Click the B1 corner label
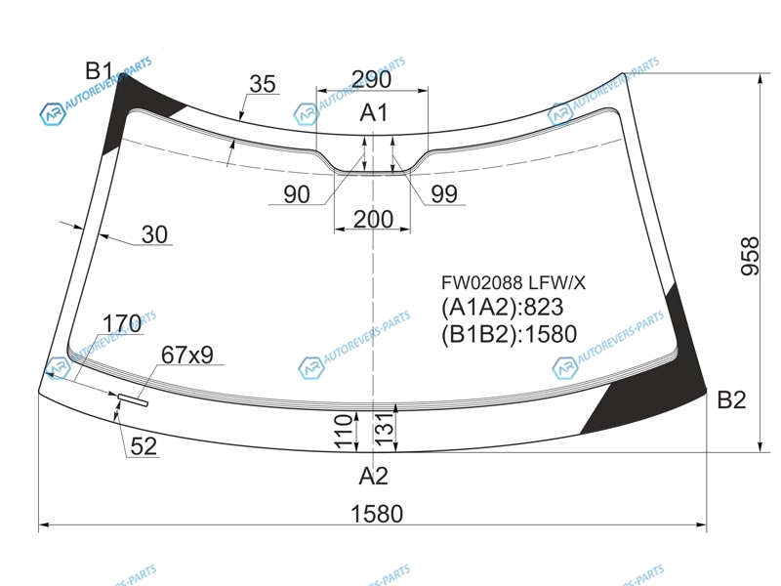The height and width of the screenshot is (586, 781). pos(100,70)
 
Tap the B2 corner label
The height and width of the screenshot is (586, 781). pos(731,399)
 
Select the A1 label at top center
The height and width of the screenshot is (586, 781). pos(374,112)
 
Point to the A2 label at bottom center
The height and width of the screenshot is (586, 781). pos(374,476)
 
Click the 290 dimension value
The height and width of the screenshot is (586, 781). pos(372,79)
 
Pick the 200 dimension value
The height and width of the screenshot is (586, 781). pos(374,219)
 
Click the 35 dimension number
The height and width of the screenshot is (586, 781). pos(263,84)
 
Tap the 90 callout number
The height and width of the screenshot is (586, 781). pos(297,193)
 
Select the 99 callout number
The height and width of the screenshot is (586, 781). pos(444,193)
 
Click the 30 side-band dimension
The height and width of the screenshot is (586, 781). pos(154,234)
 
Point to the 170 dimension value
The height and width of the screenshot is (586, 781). pos(122,323)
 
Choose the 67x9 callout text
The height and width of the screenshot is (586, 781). pos(187,355)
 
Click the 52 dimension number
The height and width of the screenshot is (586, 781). pos(144,446)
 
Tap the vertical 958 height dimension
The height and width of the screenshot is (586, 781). pos(749,256)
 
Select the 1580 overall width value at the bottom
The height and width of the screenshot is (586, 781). pos(377,514)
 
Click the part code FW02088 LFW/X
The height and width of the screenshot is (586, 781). pos(514,283)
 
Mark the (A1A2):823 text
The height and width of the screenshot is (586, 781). pos(502,307)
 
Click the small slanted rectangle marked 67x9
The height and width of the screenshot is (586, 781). pos(133,399)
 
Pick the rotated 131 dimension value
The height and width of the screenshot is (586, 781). pos(384,430)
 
